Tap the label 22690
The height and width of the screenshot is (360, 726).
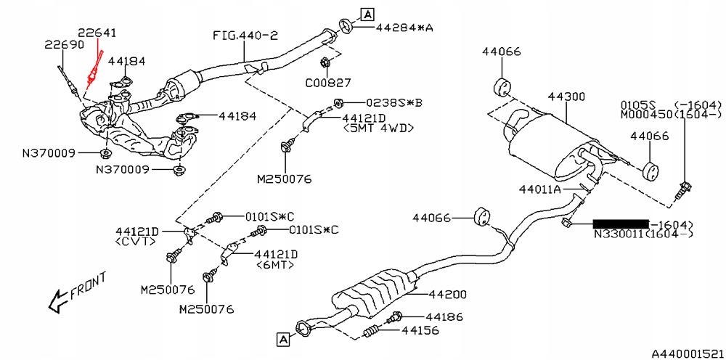pyautogui.click(x=64, y=45)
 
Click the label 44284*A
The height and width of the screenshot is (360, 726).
pyautogui.click(x=404, y=28)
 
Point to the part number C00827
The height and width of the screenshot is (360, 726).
pyautogui.click(x=327, y=82)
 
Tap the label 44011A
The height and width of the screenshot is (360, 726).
pyautogui.click(x=539, y=190)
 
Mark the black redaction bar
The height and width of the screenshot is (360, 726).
pyautogui.click(x=621, y=224)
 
